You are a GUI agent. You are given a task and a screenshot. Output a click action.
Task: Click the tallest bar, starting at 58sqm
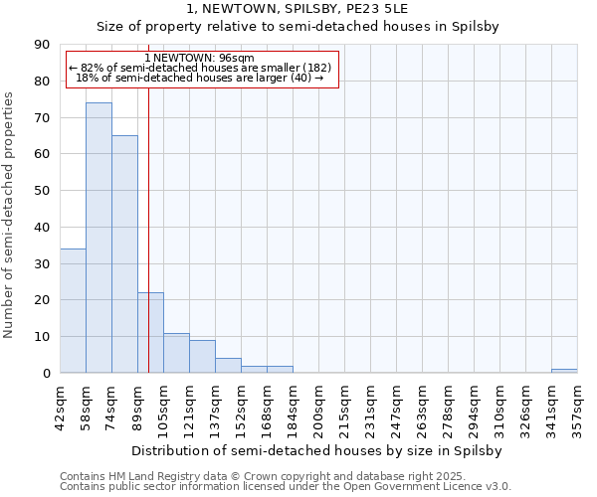(99, 238)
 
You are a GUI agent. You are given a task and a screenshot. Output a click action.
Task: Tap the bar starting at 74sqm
(124, 253)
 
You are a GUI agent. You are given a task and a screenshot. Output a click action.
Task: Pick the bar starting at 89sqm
(150, 332)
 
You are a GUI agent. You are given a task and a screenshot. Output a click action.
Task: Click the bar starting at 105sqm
(176, 353)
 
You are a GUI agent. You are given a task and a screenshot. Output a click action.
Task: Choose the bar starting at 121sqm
(202, 356)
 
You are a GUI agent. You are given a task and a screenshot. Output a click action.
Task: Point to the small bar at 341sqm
(564, 371)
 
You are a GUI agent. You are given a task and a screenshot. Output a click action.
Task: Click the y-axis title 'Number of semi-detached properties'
(10, 215)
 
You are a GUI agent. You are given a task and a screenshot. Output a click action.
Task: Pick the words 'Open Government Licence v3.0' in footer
(429, 487)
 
